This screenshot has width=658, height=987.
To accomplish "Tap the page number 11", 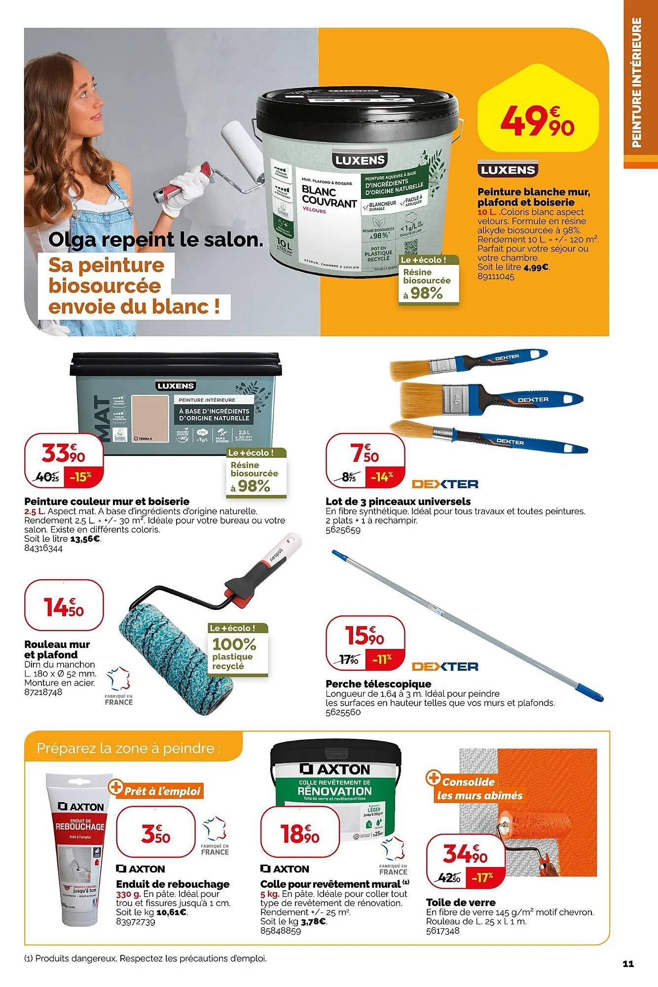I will (628, 964).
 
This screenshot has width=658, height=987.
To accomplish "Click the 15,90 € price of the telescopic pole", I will (366, 635).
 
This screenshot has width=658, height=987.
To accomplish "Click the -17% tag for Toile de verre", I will (482, 878).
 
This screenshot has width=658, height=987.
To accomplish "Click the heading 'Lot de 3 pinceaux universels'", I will (398, 501).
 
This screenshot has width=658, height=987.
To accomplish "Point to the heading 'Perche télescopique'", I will (378, 684).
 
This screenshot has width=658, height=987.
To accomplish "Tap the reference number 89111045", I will (496, 277).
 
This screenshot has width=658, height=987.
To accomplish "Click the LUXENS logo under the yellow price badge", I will (508, 170).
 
